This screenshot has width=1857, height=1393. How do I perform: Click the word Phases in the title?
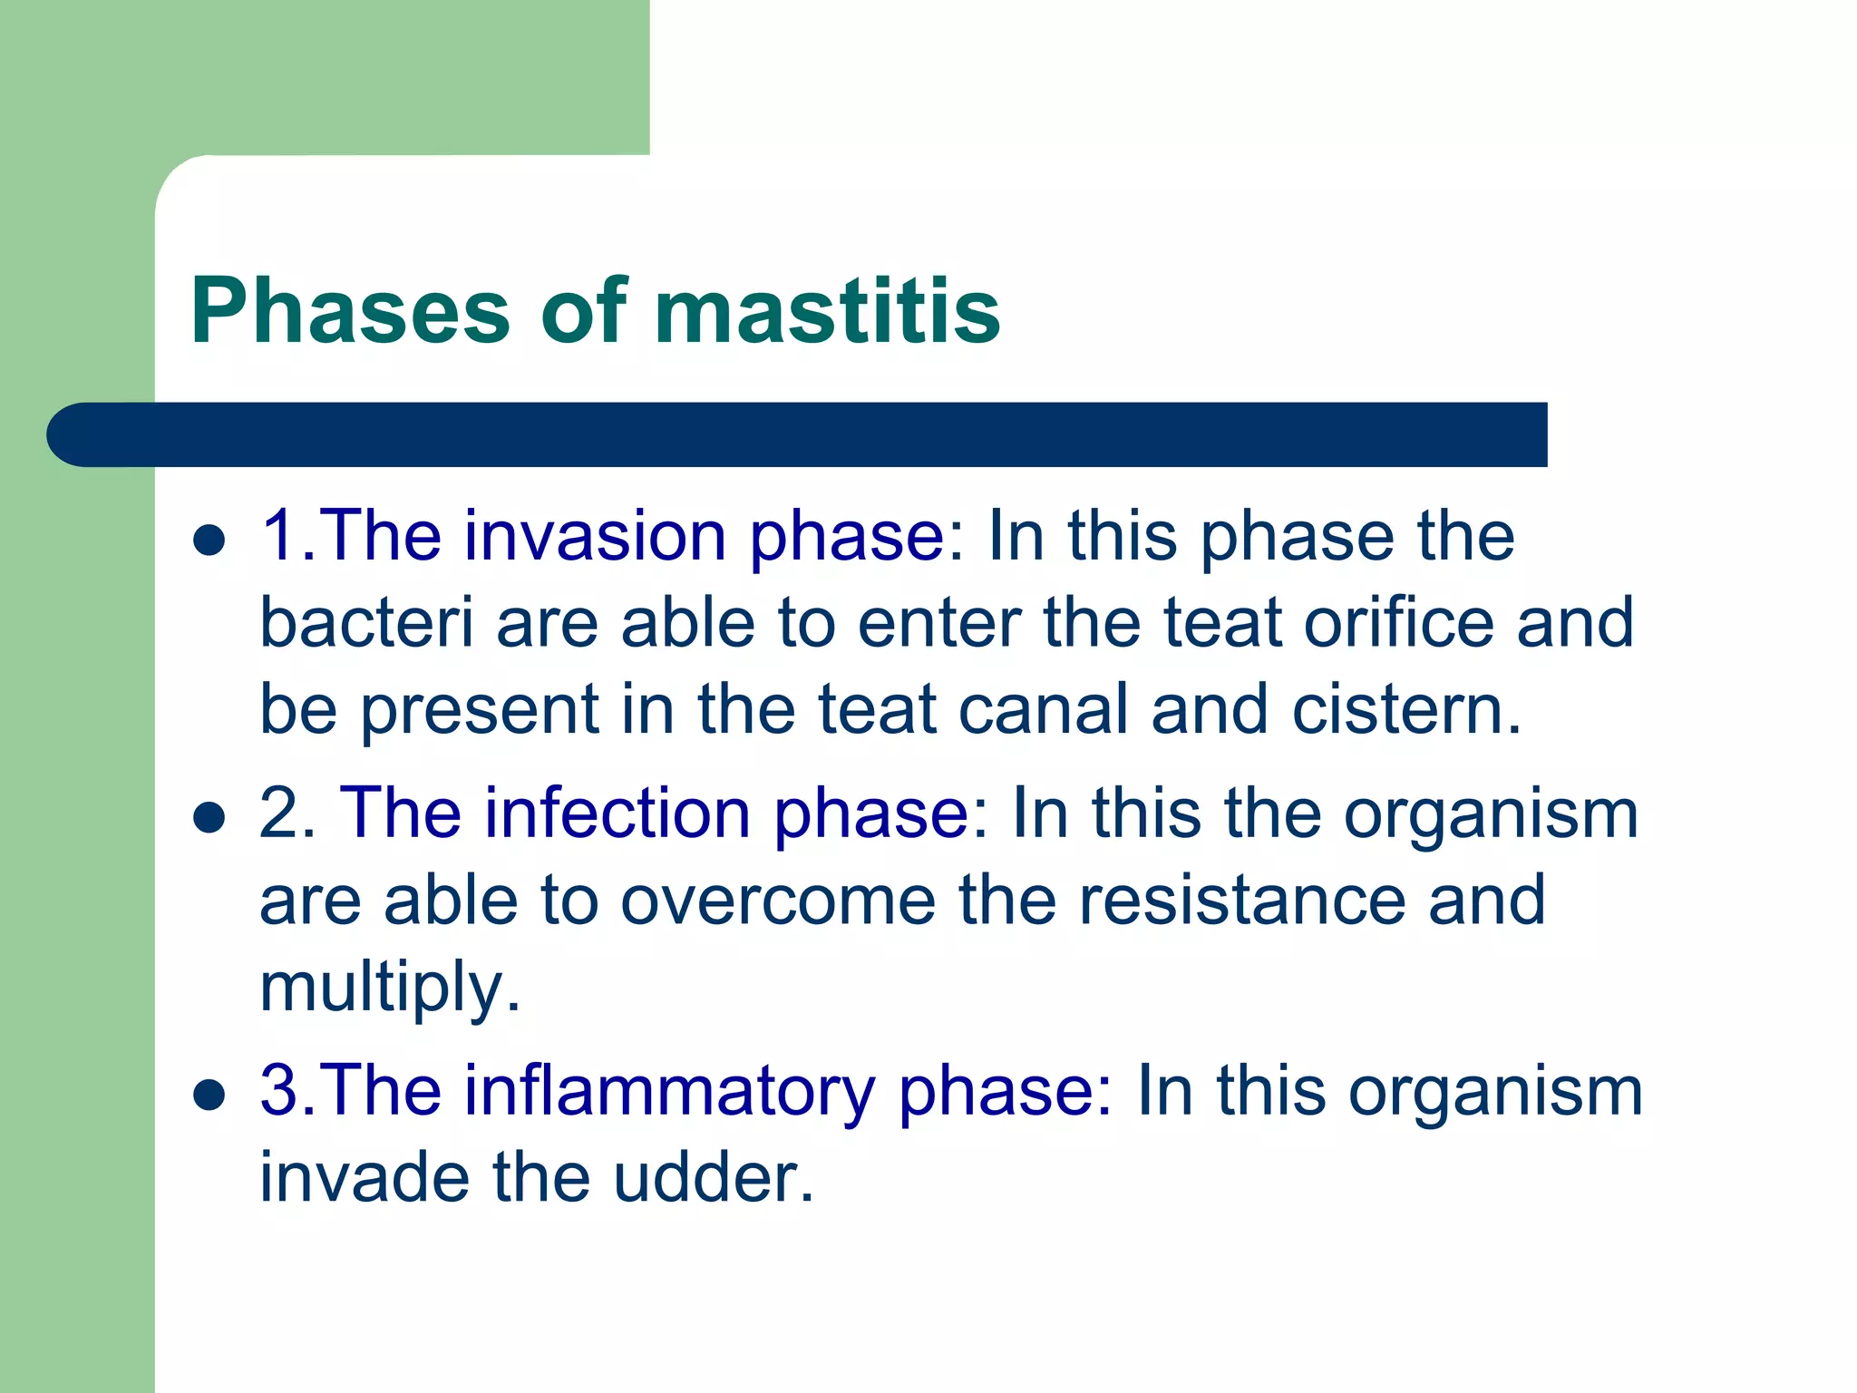350,311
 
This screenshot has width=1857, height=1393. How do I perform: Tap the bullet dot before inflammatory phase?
209,1095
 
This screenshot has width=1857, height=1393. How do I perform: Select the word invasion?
595,536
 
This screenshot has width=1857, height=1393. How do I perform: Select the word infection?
617,813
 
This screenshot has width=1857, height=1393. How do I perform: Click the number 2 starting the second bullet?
279,813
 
